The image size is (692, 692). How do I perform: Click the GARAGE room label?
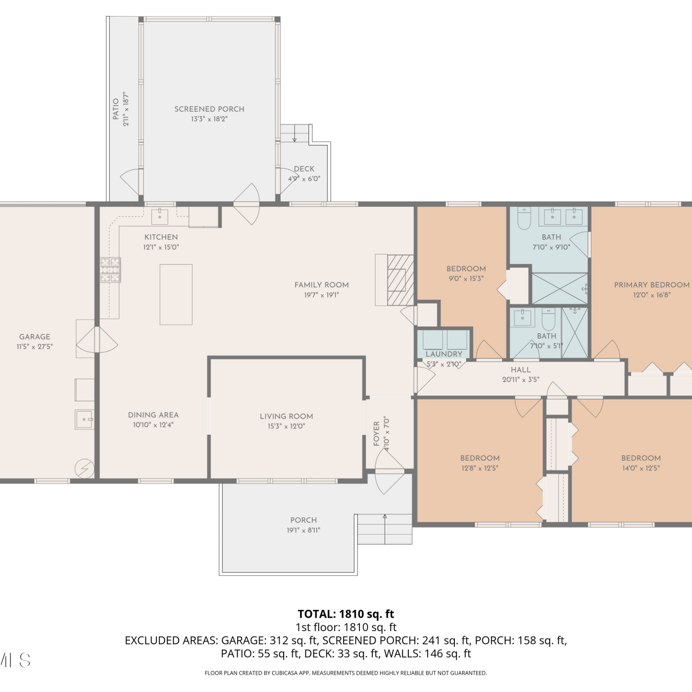point(35,337)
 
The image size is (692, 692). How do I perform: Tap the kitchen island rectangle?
point(176,294)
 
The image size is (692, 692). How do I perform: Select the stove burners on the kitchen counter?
point(111,270)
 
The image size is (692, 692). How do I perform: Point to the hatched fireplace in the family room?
point(400,280)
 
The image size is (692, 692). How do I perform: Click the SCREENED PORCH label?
point(209,109)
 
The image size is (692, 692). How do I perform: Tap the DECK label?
point(304,169)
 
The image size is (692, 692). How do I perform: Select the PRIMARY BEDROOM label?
point(652,285)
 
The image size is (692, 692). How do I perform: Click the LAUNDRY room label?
point(444,354)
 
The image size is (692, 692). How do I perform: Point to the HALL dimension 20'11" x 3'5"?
point(521,380)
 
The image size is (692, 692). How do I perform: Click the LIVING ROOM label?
point(286,416)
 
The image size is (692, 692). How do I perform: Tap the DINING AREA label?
point(153,415)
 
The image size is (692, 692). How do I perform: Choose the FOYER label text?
point(376,433)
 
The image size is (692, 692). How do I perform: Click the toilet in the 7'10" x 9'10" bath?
point(525,218)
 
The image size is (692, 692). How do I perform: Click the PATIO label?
point(116,109)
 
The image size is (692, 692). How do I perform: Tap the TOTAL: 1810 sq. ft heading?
point(346,614)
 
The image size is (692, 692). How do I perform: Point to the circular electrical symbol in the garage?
point(85,469)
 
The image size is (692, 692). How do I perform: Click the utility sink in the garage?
point(85,419)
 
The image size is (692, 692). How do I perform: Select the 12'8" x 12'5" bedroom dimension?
point(480,468)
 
